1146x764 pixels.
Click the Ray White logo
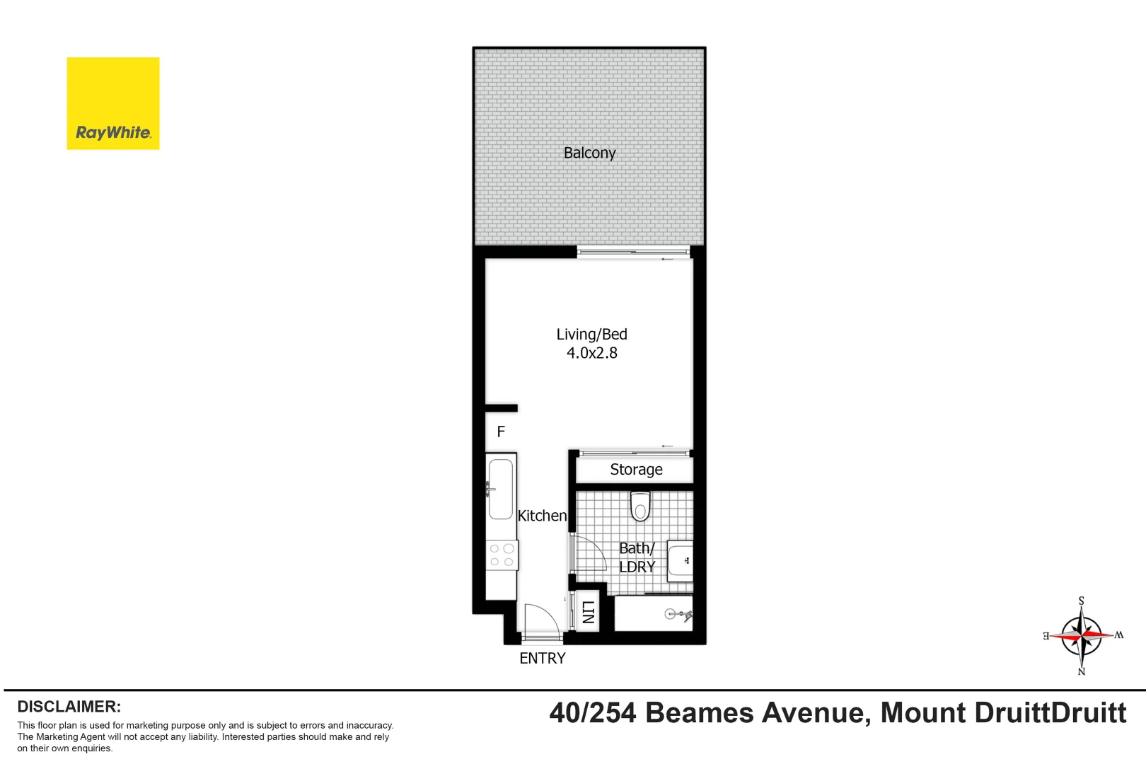pos(113,103)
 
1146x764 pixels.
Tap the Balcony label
pos(589,153)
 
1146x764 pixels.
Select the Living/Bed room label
pos(591,334)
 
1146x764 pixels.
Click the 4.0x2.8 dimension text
pos(591,352)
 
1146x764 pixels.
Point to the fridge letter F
pos(501,432)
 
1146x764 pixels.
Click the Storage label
pos(636,470)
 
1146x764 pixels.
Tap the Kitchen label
pos(542,516)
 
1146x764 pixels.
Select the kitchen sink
pos(501,489)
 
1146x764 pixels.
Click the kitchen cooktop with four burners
pos(502,555)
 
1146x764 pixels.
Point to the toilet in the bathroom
pos(640,507)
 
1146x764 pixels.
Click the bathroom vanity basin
pos(681,561)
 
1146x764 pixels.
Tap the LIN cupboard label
pos(587,611)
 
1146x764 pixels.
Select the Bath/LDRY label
pos(637,557)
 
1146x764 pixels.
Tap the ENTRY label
pos(543,659)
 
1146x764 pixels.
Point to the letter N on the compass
pos(1081,671)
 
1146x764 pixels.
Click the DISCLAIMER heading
pos(69,707)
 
